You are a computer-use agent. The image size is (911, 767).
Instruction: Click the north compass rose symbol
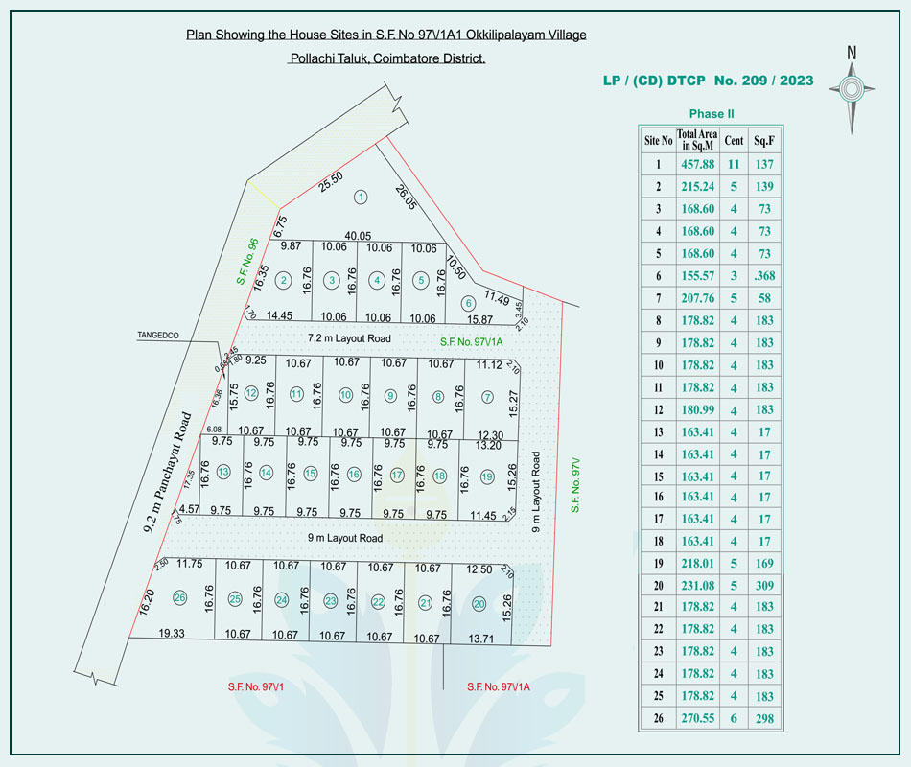pos(851,89)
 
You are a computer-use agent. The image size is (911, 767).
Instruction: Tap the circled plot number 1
pos(361,198)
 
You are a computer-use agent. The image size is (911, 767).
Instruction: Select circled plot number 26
pos(179,598)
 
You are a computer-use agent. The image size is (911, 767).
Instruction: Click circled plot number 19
pos(487,476)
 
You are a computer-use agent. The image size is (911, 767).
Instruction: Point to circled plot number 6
pos(468,303)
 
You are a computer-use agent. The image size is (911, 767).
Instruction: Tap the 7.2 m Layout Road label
pos(349,339)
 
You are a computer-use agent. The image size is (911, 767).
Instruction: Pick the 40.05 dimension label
pos(358,235)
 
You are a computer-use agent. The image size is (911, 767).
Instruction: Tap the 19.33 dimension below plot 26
pos(172,634)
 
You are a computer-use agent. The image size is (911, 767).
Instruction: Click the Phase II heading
pos(712,114)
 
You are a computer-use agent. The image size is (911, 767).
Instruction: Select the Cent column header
pos(734,140)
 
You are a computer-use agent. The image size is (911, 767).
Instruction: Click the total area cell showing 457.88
pos(696,165)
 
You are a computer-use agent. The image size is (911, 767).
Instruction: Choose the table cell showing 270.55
pos(696,718)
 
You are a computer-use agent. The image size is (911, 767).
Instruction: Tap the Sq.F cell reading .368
pos(764,276)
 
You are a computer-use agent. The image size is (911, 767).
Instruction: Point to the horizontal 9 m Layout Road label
pos(345,539)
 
